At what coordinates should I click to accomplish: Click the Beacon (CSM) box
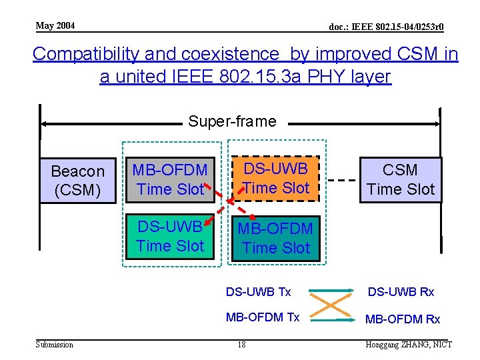coord(78,181)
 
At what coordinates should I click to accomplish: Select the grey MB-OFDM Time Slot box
coord(170,180)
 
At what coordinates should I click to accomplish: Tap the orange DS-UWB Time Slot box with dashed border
coord(276,178)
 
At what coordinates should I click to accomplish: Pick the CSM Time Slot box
coord(400,179)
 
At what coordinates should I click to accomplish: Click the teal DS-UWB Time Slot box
coord(170,236)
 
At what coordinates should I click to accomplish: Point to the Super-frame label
coord(232,121)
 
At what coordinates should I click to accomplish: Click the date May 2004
coord(55,26)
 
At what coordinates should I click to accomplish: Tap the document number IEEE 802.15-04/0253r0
coord(387,27)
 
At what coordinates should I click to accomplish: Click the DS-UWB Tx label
coord(258,292)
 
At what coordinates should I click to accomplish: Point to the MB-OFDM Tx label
coord(263,317)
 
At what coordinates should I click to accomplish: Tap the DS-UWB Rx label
coord(401,292)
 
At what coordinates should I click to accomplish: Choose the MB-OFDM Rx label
coord(403,319)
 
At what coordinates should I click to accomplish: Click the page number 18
coord(242,345)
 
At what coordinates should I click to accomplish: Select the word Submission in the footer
coord(55,345)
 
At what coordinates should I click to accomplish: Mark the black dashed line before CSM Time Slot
coord(343,181)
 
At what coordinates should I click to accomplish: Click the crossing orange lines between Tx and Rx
coord(331,305)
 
